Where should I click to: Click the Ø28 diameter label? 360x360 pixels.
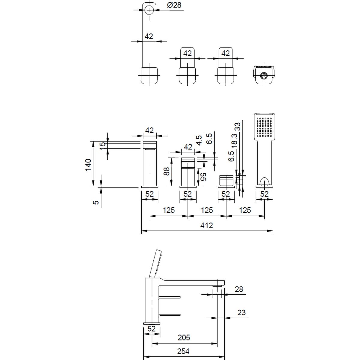(x=174, y=5)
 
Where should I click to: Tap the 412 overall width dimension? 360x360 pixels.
(x=207, y=225)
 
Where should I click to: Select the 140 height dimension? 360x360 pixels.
(x=88, y=165)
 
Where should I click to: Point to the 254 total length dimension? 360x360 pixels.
(x=183, y=351)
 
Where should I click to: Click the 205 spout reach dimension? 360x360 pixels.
(x=184, y=338)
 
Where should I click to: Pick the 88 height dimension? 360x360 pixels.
(x=167, y=171)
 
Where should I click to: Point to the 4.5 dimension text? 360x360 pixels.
(x=198, y=140)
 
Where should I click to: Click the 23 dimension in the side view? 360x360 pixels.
(x=241, y=312)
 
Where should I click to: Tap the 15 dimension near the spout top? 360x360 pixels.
(x=103, y=146)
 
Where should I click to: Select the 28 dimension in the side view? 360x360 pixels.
(x=239, y=289)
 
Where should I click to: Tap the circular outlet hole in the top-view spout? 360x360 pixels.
(x=149, y=10)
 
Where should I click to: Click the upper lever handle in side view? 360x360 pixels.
(x=170, y=297)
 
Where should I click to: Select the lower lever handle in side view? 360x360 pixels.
(x=170, y=315)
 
